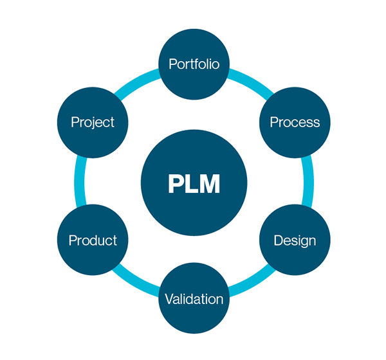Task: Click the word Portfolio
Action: pos(194,64)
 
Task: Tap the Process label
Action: pos(295,122)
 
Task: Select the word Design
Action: pos(295,240)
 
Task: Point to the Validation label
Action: pos(194,299)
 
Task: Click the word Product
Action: pos(93,240)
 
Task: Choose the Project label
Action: pos(93,123)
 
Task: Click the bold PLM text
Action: pos(194,184)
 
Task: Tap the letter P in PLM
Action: pos(175,184)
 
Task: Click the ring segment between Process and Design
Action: pos(309,182)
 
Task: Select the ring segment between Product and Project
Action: pos(79,182)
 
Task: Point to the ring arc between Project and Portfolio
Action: pos(136,82)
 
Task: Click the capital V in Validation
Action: pos(170,299)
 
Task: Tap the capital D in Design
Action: pos(278,240)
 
